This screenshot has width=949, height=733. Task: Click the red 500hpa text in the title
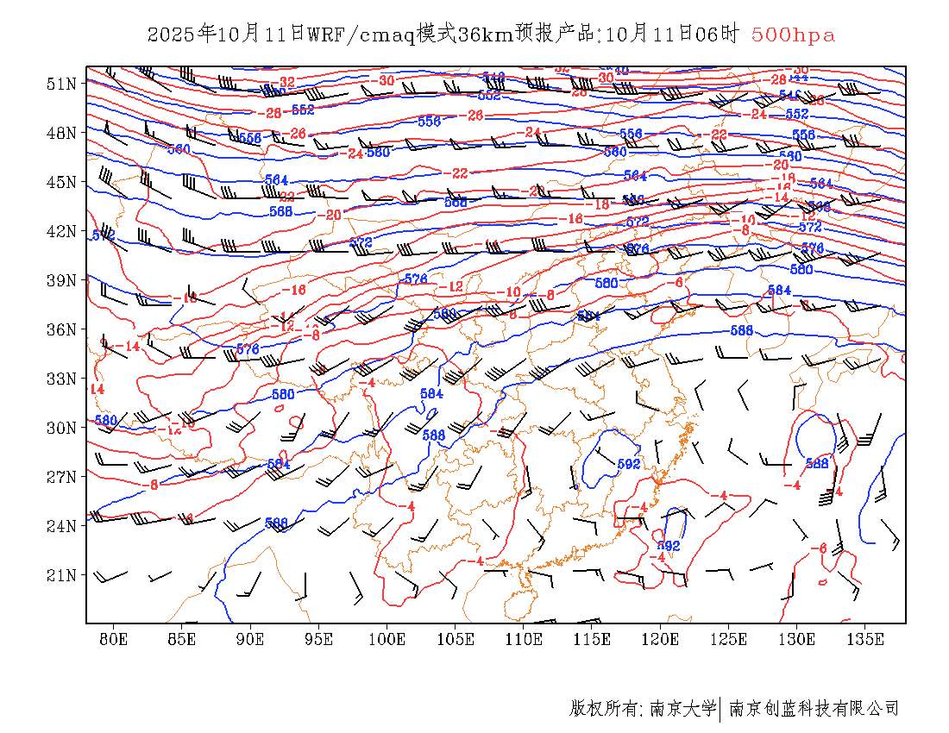(x=793, y=34)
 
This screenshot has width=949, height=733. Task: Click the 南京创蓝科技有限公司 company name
(x=814, y=709)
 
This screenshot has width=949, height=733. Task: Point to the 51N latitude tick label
(x=61, y=84)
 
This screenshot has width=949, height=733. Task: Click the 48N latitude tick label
(x=61, y=133)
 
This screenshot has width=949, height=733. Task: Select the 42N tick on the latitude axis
(x=61, y=231)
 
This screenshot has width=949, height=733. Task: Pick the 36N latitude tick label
(x=61, y=329)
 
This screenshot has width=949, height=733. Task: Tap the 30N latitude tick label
(x=61, y=428)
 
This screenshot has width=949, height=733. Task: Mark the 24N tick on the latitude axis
(x=61, y=525)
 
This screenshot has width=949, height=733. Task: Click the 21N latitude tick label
(x=61, y=574)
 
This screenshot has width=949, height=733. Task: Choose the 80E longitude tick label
(x=114, y=639)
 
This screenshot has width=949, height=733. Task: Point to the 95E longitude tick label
(x=319, y=639)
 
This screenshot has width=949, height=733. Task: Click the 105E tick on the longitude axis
(x=456, y=639)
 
